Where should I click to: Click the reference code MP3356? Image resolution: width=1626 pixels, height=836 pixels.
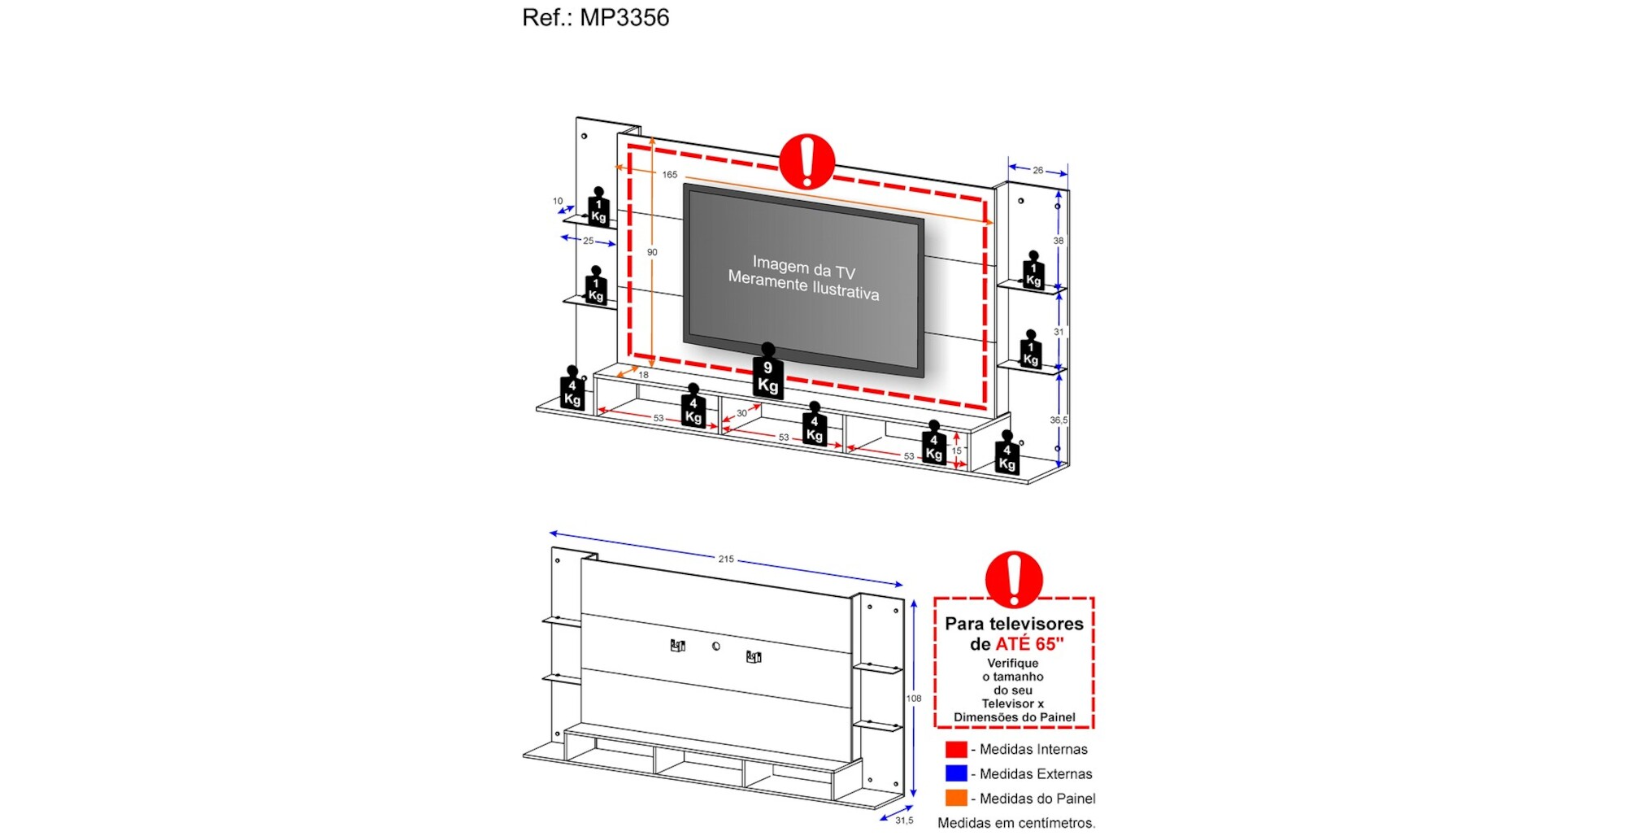coord(624,17)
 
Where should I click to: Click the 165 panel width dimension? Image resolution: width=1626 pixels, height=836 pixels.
coord(669,175)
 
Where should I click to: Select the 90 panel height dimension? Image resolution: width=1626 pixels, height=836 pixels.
coord(652,252)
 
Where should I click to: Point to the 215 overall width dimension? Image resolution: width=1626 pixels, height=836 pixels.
coord(726,559)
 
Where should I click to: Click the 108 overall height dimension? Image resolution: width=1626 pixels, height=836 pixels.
coord(914,698)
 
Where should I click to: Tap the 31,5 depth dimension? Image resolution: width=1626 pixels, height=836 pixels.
coord(904,821)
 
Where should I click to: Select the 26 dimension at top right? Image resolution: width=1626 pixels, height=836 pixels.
coord(1038,170)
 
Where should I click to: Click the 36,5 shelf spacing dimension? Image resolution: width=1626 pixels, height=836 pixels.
coord(1059,420)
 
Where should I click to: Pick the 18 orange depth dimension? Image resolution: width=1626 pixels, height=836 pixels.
coord(643,375)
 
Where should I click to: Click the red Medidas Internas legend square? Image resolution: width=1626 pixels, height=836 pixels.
coord(956,749)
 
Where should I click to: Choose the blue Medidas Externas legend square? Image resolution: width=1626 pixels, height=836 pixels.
coord(956,773)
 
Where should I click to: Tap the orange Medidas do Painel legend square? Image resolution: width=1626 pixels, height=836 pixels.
coord(956,798)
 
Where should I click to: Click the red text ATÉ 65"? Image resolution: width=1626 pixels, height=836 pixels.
coord(1029,644)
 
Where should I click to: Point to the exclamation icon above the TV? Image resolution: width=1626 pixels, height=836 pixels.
coord(806,161)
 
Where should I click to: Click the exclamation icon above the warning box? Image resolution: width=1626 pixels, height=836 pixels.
coord(1014,579)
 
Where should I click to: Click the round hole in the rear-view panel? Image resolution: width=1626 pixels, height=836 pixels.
coord(715,647)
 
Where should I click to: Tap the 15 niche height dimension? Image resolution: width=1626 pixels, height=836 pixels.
coord(957,451)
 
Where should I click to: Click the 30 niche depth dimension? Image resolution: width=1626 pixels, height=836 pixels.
coord(741,413)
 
